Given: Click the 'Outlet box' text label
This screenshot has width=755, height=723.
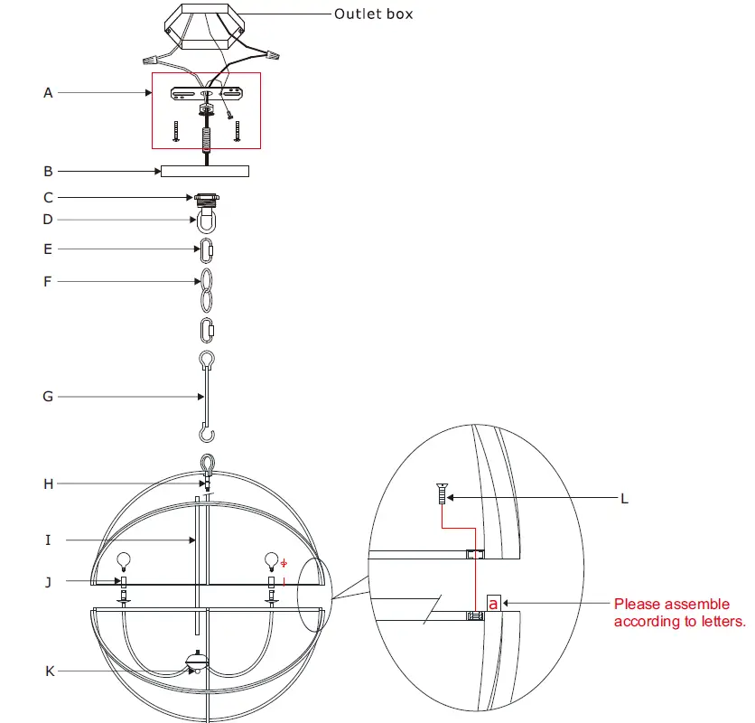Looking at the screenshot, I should (x=373, y=14).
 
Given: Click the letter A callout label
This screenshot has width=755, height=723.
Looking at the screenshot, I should (x=48, y=92).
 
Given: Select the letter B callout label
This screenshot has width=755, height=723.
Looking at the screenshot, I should (x=48, y=170).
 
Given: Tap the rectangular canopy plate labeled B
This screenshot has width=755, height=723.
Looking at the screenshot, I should (x=204, y=171).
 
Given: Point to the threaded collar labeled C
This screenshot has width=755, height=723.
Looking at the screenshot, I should (x=206, y=198).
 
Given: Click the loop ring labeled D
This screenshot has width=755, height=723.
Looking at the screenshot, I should (x=206, y=220).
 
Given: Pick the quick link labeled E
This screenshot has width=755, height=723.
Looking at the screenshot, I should (x=206, y=249).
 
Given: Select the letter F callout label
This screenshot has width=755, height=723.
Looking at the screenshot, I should (x=48, y=282).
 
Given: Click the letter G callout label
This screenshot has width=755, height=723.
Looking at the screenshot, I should (x=48, y=396).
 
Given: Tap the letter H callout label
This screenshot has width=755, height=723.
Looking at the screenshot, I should (x=48, y=484).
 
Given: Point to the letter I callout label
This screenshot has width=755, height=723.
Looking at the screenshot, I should (x=48, y=540).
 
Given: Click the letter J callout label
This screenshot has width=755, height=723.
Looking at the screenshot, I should (x=48, y=582).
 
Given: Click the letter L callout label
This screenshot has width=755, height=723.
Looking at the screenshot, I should (x=624, y=498).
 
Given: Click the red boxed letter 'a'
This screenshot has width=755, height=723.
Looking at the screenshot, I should (x=493, y=602).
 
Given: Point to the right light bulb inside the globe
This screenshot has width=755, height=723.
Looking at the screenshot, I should (x=269, y=559).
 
